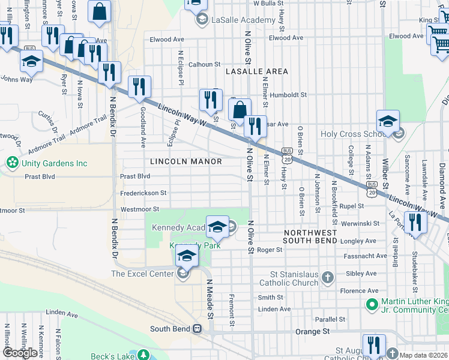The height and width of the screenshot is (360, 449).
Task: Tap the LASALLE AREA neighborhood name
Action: coord(257,71)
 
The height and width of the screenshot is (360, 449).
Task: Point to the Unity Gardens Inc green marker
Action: coord(11,163)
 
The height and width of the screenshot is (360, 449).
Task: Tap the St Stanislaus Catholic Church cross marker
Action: coord(327,277)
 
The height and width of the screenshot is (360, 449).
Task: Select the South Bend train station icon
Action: coord(196,329)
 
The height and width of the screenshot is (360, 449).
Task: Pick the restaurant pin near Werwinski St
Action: coord(415,222)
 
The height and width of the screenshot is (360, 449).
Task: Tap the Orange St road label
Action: coord(313,331)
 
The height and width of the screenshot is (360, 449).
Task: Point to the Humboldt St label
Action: coord(288,95)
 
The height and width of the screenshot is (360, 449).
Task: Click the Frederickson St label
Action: coord(143,193)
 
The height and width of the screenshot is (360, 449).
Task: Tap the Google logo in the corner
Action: coord(20,352)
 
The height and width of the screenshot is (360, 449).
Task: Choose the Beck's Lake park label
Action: coord(112,356)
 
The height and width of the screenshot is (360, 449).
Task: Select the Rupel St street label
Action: coord(352,206)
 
